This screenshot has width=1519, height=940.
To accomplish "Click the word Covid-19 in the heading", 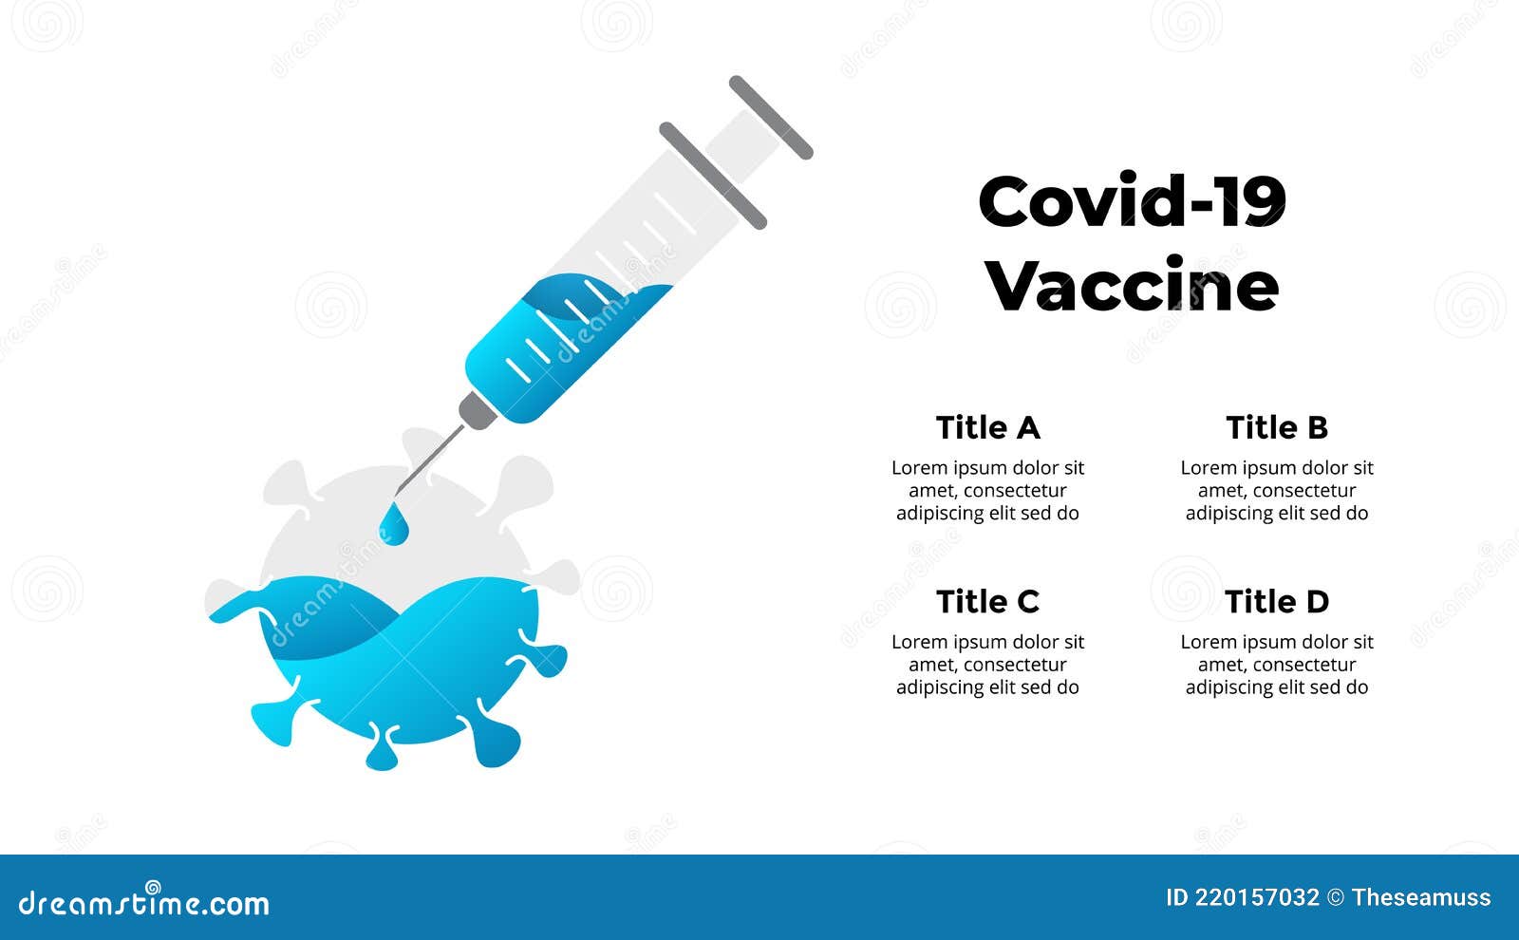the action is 1132,200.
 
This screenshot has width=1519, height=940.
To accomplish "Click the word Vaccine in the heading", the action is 1132,285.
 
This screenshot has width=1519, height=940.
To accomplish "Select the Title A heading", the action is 987,428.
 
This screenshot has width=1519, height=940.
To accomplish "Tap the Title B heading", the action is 1277,428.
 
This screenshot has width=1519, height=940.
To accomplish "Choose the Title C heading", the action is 987,602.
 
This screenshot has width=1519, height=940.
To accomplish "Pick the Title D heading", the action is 1277,602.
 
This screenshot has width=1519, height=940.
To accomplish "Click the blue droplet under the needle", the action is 393,525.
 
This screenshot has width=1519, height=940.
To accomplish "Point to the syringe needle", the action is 430,460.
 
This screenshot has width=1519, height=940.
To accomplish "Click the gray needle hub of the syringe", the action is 477,411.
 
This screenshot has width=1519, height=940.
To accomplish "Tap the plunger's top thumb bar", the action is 771,118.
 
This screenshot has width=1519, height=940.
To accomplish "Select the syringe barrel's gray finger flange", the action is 713,176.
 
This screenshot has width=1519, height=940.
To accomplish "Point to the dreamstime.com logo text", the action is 143,901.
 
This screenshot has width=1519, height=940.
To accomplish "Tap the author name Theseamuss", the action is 1421,898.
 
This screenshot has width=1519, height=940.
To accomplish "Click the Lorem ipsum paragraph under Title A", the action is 987,490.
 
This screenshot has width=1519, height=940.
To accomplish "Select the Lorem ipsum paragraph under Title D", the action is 1277,665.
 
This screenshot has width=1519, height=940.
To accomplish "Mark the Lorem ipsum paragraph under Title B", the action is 1277,490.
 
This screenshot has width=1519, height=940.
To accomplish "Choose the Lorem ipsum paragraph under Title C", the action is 987,665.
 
